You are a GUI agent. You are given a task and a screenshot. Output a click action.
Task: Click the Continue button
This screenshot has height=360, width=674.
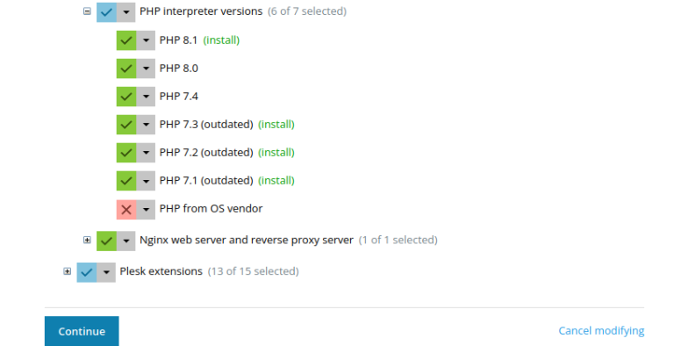82,331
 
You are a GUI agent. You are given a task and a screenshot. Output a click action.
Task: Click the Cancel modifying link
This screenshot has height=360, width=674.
601,331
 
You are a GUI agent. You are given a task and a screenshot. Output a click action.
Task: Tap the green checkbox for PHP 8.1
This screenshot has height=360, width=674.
126,40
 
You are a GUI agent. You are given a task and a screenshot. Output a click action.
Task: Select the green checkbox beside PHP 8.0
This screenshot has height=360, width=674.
126,68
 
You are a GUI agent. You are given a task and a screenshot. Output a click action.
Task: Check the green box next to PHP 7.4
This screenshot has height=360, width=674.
126,97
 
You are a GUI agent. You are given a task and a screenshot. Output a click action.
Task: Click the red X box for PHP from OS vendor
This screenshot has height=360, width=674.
126,210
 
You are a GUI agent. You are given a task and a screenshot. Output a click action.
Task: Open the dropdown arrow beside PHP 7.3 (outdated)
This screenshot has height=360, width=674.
147,125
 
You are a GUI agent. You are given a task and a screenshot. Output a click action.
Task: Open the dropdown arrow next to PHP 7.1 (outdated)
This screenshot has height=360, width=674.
147,181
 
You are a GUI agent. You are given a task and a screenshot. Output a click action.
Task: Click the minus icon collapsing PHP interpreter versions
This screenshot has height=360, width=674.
87,11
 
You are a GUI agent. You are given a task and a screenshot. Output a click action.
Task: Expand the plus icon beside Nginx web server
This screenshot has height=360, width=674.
87,240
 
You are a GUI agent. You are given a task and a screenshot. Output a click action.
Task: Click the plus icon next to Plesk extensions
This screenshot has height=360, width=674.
67,271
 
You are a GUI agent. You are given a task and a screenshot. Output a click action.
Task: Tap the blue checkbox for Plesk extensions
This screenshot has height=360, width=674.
87,272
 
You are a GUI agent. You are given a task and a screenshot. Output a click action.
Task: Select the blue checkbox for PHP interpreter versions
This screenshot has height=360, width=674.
106,12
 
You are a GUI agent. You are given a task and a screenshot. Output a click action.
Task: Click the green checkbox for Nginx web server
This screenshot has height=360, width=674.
106,241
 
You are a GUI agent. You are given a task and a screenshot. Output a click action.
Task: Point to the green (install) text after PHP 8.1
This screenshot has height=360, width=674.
221,40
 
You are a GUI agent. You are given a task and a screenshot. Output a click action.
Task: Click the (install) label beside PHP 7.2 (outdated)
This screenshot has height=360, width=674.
276,152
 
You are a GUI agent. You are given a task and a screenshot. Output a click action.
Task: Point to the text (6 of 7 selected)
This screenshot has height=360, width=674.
307,11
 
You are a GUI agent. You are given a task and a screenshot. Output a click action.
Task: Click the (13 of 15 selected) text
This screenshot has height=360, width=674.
253,271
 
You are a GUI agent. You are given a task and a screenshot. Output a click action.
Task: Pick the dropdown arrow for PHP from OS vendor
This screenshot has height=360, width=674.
147,210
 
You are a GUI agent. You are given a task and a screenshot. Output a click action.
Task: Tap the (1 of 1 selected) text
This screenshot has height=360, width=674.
398,240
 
